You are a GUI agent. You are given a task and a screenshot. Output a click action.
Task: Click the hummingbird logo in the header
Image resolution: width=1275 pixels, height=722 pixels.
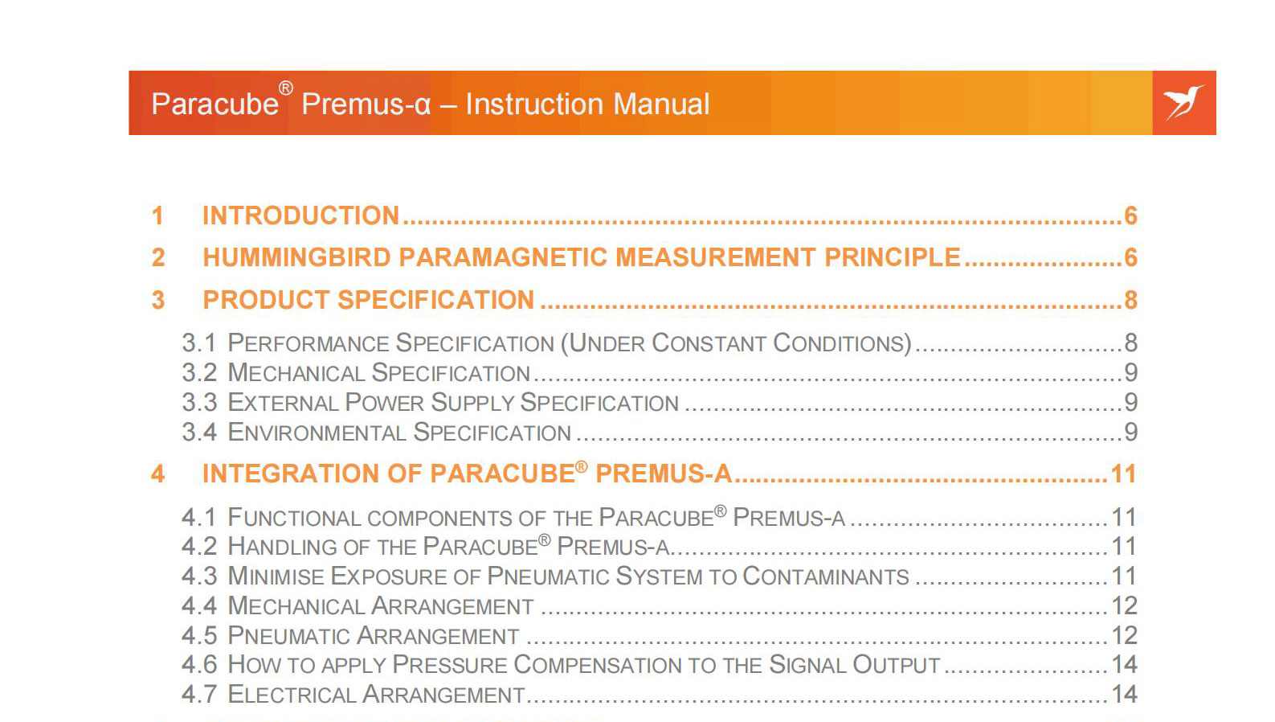(x=1183, y=103)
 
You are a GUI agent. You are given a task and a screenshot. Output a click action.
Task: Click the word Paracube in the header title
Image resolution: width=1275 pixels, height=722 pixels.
(x=215, y=105)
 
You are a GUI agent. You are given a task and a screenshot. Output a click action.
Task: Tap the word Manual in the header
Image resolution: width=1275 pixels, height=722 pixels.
(x=661, y=105)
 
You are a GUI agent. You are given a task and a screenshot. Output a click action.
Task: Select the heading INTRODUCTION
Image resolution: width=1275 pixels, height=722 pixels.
(x=301, y=215)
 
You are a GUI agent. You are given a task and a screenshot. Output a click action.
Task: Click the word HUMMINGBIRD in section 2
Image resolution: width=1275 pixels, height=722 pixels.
(x=296, y=257)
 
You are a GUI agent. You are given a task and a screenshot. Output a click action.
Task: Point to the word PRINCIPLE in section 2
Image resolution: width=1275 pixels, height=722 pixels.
(x=893, y=257)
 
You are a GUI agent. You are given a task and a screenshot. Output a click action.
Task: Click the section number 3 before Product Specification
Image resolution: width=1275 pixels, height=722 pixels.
(x=157, y=300)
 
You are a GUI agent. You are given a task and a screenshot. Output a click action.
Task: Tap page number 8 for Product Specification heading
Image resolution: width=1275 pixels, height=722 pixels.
(x=1130, y=300)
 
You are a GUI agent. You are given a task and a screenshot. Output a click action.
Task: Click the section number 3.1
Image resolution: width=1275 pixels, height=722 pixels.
(x=199, y=343)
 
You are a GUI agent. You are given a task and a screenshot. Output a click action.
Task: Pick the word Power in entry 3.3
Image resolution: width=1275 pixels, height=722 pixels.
(x=384, y=402)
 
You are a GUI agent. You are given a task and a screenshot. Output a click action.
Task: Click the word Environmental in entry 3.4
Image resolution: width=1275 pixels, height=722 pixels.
(x=317, y=432)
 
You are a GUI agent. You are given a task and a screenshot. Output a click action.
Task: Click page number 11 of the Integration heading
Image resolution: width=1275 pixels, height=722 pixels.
(x=1124, y=474)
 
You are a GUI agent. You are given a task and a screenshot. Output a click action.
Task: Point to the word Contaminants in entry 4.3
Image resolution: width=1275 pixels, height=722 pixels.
(x=825, y=576)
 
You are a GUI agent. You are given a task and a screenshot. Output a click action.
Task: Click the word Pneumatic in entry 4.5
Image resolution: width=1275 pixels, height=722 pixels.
(x=288, y=635)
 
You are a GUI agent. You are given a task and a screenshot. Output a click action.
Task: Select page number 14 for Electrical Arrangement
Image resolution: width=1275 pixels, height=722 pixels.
(x=1124, y=694)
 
